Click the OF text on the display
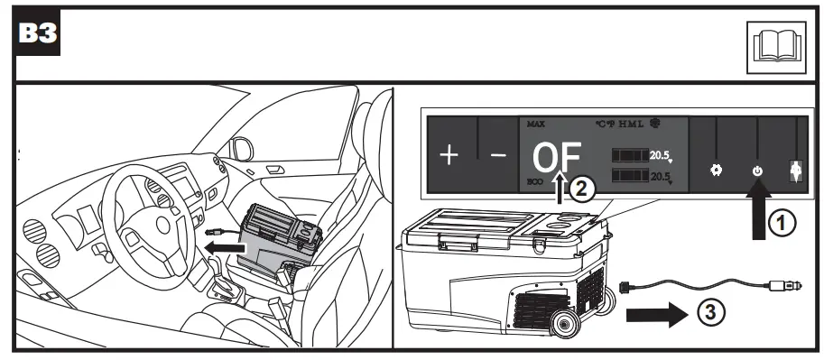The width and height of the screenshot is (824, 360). click(x=556, y=159)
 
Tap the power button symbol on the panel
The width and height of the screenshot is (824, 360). click(x=756, y=170)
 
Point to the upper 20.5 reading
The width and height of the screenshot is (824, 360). click(x=662, y=155)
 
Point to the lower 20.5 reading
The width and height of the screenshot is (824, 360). click(x=662, y=175)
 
